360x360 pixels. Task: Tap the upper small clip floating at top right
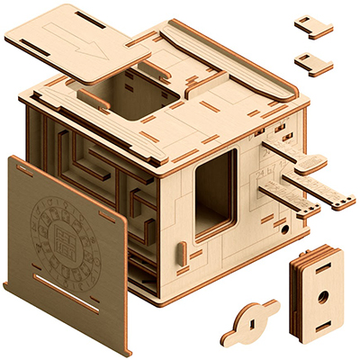pyautogui.click(x=314, y=26)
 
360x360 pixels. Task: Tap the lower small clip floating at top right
pyautogui.click(x=313, y=62)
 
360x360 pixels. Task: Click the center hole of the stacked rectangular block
pyautogui.click(x=320, y=295)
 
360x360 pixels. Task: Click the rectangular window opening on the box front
pyautogui.click(x=215, y=191)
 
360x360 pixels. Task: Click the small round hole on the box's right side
pyautogui.click(x=286, y=229)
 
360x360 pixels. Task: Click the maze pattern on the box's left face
pyautogui.click(x=99, y=180)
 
